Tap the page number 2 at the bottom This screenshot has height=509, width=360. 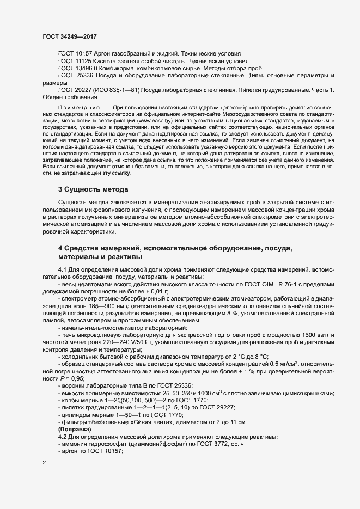(44, 463)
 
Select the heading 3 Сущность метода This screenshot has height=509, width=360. (93, 190)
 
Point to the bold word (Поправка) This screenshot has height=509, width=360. (75, 429)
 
